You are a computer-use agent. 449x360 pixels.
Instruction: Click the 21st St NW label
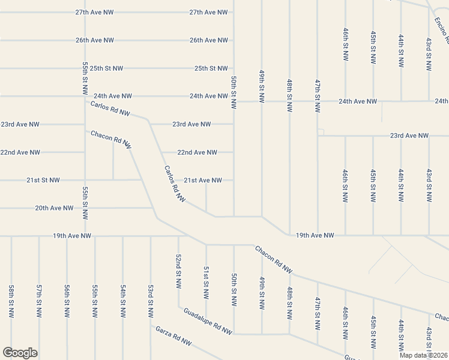(43, 180)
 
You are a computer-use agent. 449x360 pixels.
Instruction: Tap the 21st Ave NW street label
(203, 180)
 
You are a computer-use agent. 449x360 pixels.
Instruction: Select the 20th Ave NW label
(54, 208)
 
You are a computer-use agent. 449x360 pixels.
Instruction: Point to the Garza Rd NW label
(173, 336)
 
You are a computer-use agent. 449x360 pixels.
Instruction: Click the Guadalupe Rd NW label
(208, 321)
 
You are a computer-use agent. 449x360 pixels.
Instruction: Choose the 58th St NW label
(11, 301)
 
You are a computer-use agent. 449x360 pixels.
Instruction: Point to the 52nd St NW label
(178, 271)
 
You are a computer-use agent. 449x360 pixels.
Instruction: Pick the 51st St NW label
(206, 283)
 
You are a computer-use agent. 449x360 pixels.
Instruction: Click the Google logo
(20, 353)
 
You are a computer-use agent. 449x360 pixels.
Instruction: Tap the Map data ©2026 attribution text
(423, 355)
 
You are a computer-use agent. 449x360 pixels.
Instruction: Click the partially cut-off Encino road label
(441, 30)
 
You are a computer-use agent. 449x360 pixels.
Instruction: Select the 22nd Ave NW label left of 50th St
(197, 152)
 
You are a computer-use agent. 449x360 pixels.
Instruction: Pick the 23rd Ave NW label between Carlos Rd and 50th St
(191, 124)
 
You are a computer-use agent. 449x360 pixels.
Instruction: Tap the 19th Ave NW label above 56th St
(72, 236)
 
